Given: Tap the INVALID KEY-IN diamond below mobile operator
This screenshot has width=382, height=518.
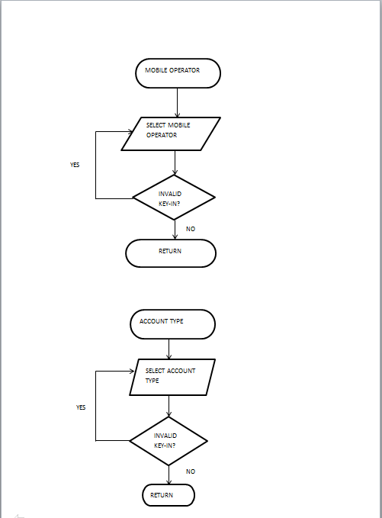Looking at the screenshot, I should [174, 198].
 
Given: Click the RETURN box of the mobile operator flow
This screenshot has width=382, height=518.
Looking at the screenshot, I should [170, 253].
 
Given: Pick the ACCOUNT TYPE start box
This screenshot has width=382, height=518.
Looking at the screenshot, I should [172, 323].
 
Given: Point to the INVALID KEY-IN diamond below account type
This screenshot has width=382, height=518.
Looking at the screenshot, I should [169, 440].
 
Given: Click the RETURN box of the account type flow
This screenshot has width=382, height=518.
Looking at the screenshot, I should [169, 495].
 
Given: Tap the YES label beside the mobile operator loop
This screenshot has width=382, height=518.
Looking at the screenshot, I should [75, 165].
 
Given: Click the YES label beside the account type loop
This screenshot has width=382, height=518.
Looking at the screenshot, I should [81, 407].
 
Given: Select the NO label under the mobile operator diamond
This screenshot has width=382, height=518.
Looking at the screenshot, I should [190, 229].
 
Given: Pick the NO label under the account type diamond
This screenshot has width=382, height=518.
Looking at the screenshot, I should [190, 471].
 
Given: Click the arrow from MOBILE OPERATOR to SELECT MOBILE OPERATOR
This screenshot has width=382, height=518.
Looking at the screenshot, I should [177, 102].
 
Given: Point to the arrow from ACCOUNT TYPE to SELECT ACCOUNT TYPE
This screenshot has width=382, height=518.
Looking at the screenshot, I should [169, 349].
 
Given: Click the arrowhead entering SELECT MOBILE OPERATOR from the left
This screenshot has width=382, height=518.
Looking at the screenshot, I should [128, 131].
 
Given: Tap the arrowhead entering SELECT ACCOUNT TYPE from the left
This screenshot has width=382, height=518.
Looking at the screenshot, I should [137, 372].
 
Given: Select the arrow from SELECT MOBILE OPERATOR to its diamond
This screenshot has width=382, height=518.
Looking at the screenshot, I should [175, 162].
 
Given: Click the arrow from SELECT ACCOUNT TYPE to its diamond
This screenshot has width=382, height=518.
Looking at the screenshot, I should [169, 406].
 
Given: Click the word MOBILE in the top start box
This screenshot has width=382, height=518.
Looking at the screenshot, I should [156, 70].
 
